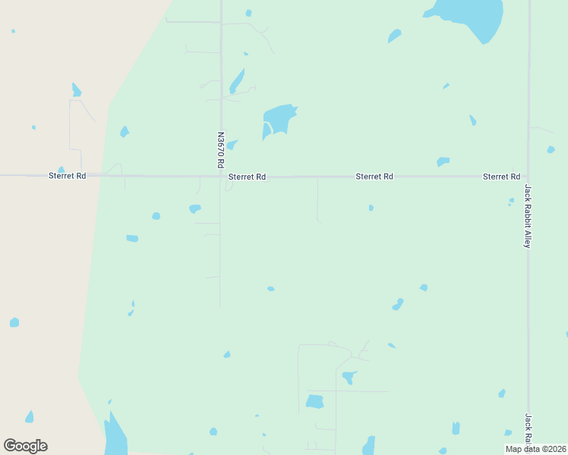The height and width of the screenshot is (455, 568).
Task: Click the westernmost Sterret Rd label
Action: coord(67,176)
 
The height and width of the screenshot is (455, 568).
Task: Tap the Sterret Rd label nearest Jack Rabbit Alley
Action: coord(501,177)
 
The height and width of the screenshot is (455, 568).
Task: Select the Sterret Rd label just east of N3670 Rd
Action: coord(247,177)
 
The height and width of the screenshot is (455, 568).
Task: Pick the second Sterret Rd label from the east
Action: coord(374,177)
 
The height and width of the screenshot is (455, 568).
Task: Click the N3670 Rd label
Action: coord(221,151)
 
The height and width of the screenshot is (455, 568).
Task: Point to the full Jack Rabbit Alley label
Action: coord(528,216)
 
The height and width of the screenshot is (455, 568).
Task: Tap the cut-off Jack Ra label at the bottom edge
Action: coord(528,431)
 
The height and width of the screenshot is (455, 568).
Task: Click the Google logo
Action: coord(25,446)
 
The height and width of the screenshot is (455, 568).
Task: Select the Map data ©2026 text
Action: coord(535,449)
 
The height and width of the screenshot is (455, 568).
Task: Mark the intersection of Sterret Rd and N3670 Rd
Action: coord(221,177)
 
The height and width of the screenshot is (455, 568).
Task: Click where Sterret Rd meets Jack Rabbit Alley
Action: coord(528,177)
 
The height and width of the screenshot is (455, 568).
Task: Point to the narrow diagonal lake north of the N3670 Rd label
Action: coord(237,81)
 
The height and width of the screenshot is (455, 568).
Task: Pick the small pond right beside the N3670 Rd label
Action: coord(232,144)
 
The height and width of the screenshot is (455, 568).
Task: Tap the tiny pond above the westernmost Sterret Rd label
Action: coord(61,170)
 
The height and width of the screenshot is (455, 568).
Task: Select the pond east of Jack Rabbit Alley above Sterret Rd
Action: coord(551,149)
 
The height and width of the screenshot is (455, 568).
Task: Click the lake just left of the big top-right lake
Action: coord(394,36)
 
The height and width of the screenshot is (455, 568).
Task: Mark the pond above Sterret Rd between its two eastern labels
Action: coord(443,162)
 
